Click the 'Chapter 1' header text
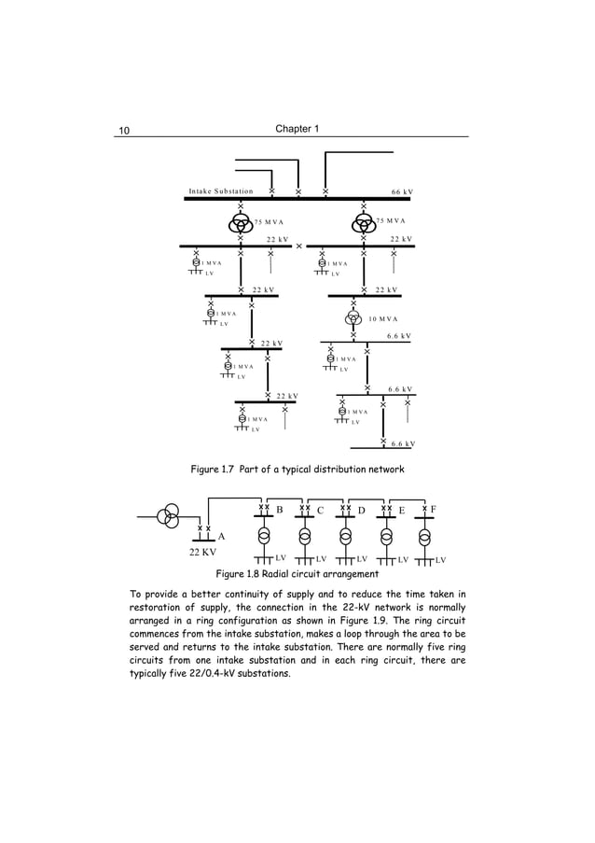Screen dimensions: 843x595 coord(297,128)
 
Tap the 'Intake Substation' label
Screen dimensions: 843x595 coord(221,191)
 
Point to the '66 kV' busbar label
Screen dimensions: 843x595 coord(403,191)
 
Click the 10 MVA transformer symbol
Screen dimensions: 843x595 coord(353,318)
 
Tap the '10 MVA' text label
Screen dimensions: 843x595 coord(383,319)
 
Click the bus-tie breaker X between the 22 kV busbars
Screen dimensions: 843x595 coord(298,246)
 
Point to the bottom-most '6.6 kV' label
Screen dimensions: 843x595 coord(402,444)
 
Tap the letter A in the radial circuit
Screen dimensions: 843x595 coord(221,537)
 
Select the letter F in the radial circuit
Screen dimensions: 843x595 coord(434,510)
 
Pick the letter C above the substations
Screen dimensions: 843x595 coord(320,511)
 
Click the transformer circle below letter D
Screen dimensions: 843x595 coord(346,537)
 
